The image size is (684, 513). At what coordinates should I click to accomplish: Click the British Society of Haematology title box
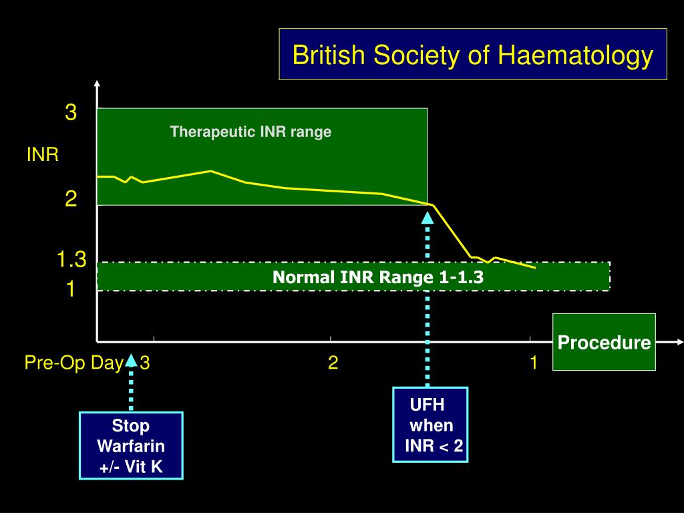(473, 54)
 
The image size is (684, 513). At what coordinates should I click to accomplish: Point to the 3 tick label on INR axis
(71, 113)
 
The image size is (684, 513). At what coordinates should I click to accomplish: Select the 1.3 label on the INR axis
(71, 260)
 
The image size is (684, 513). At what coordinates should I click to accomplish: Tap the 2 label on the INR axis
(71, 198)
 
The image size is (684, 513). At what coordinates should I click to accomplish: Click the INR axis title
(43, 156)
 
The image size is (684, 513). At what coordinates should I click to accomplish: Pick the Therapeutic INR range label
(250, 132)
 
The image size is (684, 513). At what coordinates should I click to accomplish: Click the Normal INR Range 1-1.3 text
(377, 277)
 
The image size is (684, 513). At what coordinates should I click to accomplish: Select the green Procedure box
(604, 342)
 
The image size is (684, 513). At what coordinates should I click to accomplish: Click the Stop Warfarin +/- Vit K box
(131, 446)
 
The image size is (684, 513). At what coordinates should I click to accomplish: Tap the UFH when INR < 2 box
(430, 425)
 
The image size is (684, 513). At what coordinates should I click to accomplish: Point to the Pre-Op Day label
(73, 363)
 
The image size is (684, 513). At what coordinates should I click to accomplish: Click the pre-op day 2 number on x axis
(333, 363)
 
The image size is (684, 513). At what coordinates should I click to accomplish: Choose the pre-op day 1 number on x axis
(534, 363)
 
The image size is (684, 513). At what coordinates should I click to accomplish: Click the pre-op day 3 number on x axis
(145, 363)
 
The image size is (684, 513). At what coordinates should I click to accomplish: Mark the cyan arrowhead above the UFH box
(427, 216)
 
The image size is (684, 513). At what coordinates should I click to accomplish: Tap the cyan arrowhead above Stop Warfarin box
(131, 361)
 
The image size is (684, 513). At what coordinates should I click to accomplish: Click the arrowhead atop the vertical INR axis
(98, 85)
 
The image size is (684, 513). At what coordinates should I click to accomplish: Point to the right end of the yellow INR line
(535, 268)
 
